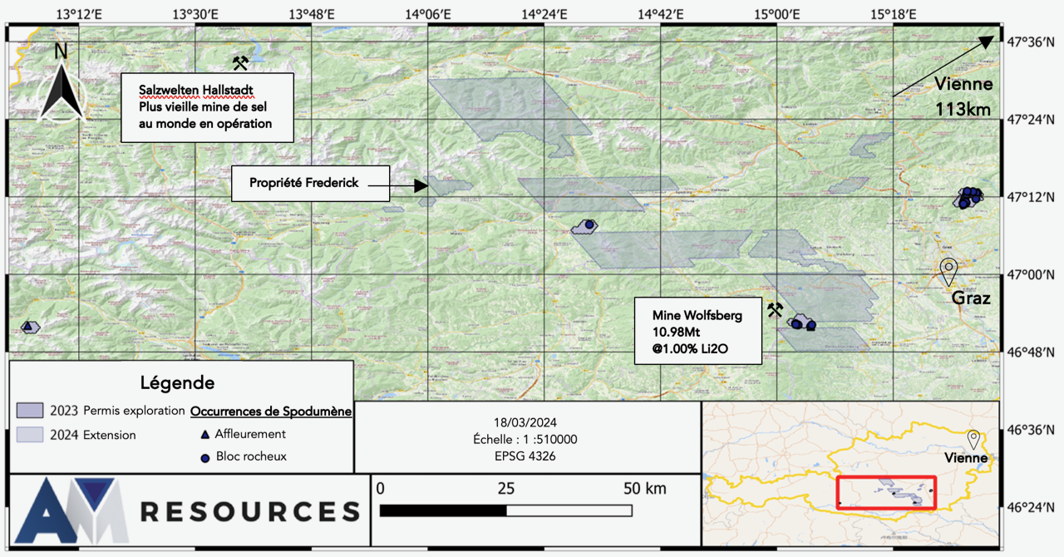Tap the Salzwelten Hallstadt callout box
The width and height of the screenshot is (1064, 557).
[207, 106]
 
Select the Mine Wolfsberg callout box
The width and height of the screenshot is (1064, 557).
[698, 330]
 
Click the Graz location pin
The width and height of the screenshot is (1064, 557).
[948, 270]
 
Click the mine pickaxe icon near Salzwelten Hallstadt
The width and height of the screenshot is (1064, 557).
[240, 63]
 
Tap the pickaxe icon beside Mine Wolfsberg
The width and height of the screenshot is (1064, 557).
[775, 310]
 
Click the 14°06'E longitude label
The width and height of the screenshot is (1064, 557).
[429, 13]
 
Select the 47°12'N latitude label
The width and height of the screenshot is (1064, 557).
[1031, 198]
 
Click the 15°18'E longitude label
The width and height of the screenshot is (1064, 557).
[894, 13]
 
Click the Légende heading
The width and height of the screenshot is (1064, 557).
[176, 383]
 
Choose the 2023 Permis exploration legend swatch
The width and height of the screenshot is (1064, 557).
[29, 411]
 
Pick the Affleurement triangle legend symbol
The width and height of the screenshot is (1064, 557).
[204, 434]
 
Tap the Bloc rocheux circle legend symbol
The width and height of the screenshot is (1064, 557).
[204, 456]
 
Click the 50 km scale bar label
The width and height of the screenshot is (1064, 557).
[645, 488]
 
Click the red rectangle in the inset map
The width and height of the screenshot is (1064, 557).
[886, 492]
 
